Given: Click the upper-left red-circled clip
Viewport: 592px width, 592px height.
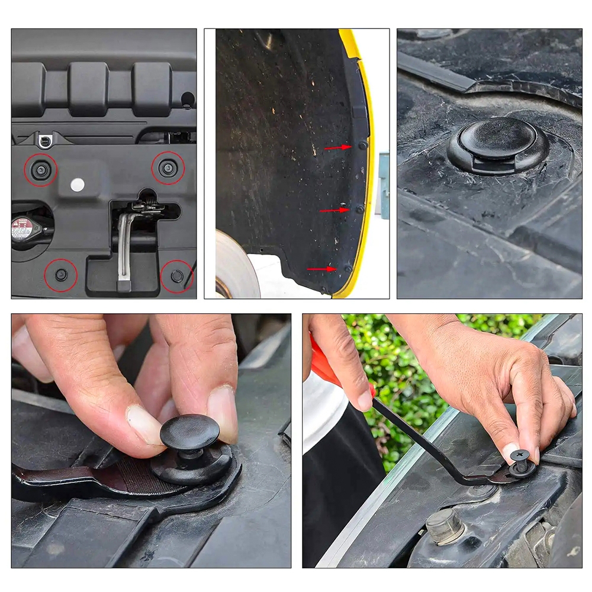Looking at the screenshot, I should [40, 170].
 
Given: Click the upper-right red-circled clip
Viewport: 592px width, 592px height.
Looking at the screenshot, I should [168, 169].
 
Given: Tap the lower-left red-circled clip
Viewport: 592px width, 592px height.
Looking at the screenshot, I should [61, 275].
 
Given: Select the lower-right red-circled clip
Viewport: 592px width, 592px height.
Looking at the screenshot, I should [176, 275].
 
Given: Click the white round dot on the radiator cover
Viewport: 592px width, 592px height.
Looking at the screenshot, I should [77, 185].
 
